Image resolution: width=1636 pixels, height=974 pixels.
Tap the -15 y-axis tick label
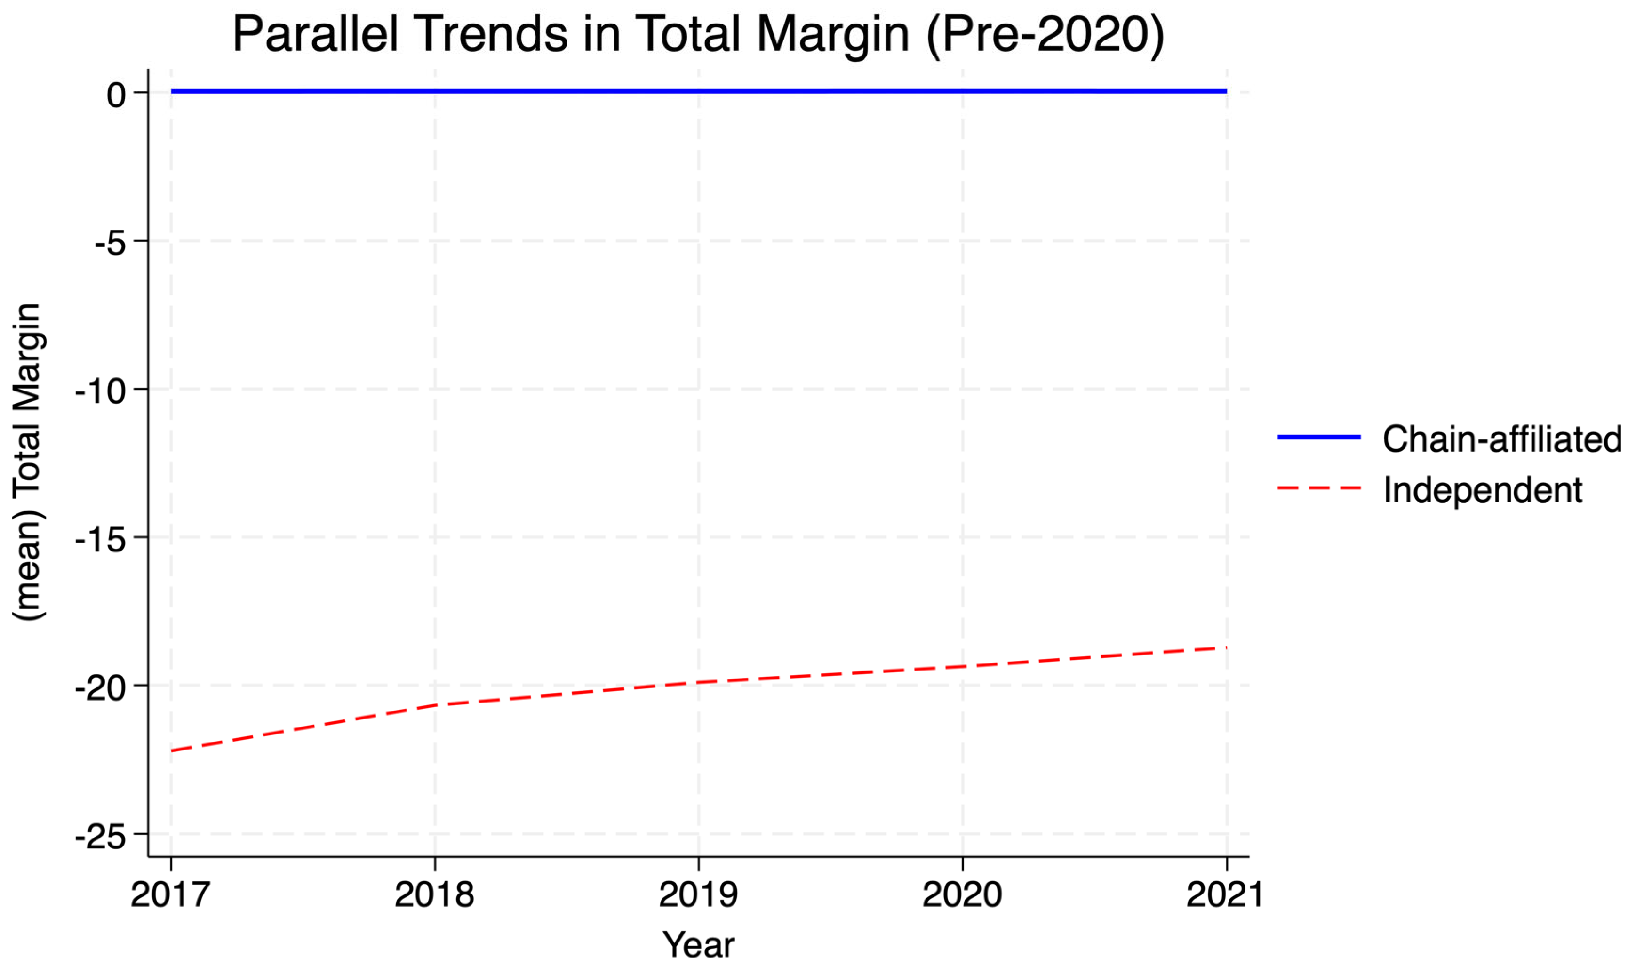coord(100,540)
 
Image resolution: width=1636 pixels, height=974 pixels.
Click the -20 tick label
coord(100,688)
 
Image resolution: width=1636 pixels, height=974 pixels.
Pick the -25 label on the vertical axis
coord(100,837)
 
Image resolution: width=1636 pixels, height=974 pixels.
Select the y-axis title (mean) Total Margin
coord(28,462)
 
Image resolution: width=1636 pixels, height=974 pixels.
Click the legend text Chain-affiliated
coord(1501,439)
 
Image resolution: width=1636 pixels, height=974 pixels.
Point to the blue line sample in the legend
coord(1319,437)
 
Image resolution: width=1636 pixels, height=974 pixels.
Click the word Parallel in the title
coord(315,34)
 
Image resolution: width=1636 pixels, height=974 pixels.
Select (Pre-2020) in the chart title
coord(1045,34)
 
